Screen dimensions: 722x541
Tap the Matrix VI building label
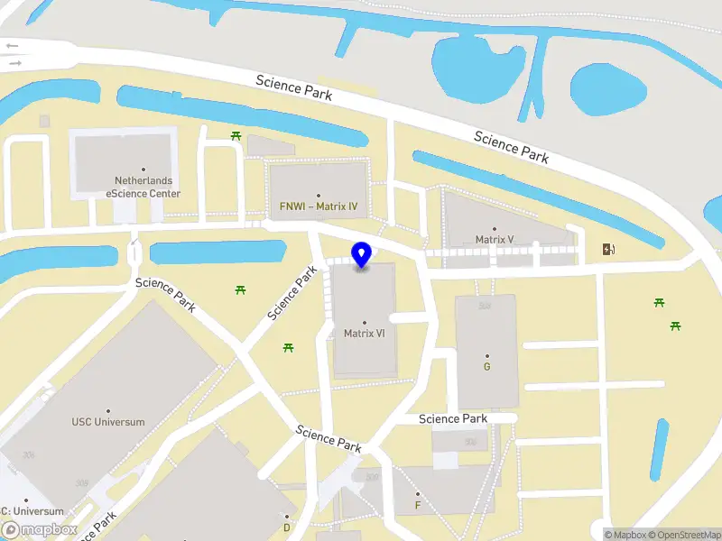[365, 333]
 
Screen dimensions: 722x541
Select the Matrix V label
[495, 239]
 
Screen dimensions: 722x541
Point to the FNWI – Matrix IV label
[319, 206]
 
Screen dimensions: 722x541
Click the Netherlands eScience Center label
[143, 187]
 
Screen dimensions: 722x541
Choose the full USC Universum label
[108, 421]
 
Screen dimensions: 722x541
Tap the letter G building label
[487, 366]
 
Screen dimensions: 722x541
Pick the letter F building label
[418, 505]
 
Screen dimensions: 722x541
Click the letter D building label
[287, 527]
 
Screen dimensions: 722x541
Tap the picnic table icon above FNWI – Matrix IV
[236, 135]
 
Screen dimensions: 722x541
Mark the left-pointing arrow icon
[12, 45]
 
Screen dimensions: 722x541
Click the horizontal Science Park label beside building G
[453, 418]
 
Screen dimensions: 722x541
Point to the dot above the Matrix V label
[495, 229]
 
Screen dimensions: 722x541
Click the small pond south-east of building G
[660, 448]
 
